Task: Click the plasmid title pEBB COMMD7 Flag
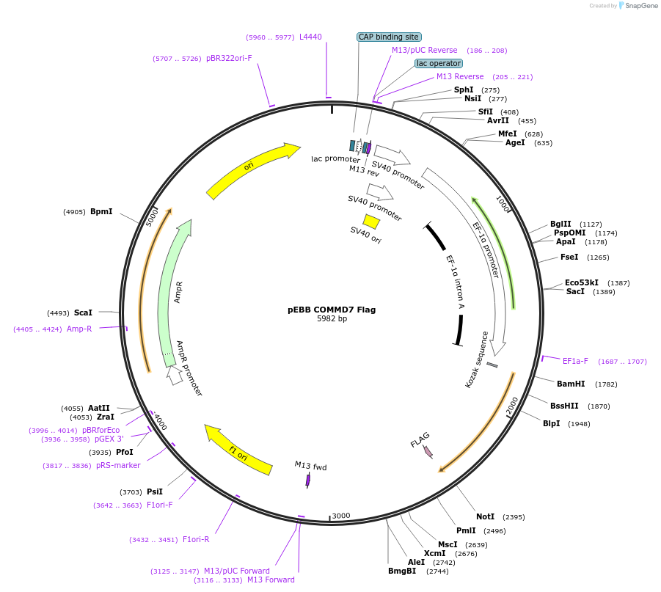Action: coord(331,310)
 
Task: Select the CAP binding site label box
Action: coord(389,37)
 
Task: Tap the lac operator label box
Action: coord(439,63)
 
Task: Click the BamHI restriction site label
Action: coord(570,384)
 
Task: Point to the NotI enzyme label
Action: coord(485,516)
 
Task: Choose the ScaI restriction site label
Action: coord(83,313)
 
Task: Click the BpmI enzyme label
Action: coord(101,211)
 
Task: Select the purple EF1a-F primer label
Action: coord(575,361)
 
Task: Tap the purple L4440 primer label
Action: coord(310,37)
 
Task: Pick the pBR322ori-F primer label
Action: coord(229,58)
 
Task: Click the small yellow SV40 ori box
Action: coord(371,221)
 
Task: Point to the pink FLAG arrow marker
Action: coord(428,451)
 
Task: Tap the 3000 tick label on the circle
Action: coord(341,516)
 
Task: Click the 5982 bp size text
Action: coord(332,319)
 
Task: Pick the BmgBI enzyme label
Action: coord(401,571)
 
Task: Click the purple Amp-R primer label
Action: coord(79,329)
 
